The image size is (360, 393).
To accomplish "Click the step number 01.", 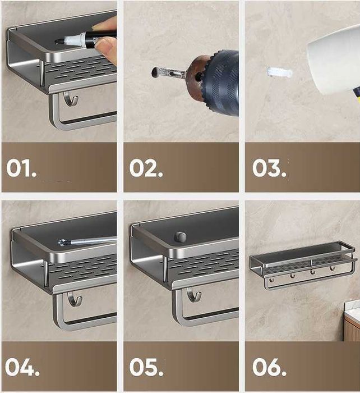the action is [x=21, y=168].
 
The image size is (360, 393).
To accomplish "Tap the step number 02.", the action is [x=146, y=168].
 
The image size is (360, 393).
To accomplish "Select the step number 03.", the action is [x=269, y=168].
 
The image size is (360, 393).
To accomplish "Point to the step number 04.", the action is [x=22, y=367].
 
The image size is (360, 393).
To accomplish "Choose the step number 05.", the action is [x=146, y=367].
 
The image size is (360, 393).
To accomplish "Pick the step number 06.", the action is [x=269, y=367].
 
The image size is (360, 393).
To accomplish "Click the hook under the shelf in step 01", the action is [x=71, y=99].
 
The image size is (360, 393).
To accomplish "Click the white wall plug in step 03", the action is [x=280, y=72].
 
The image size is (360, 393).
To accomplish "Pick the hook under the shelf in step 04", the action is [x=75, y=299].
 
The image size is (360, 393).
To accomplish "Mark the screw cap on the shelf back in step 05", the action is [x=181, y=236].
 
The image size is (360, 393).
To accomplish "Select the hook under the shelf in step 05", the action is [x=194, y=295].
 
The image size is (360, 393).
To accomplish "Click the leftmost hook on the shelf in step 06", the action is [x=272, y=280].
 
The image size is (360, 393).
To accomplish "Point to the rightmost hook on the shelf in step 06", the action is [x=332, y=268].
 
